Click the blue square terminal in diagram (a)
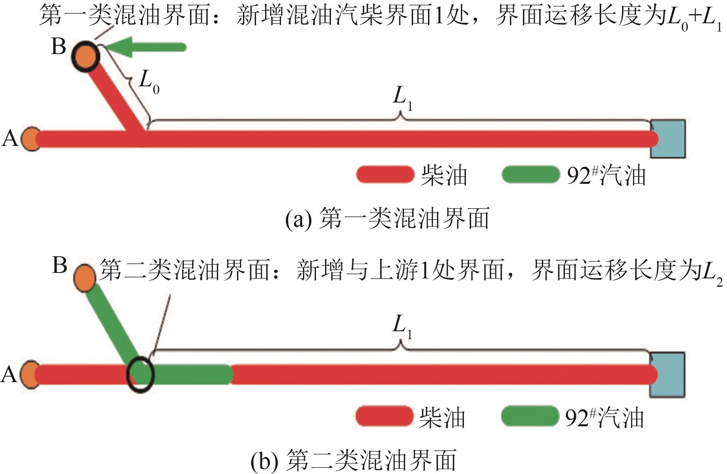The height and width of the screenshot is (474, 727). (x=668, y=139)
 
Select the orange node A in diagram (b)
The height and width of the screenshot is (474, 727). (x=30, y=375)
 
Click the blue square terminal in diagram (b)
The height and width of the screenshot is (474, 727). (x=667, y=375)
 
